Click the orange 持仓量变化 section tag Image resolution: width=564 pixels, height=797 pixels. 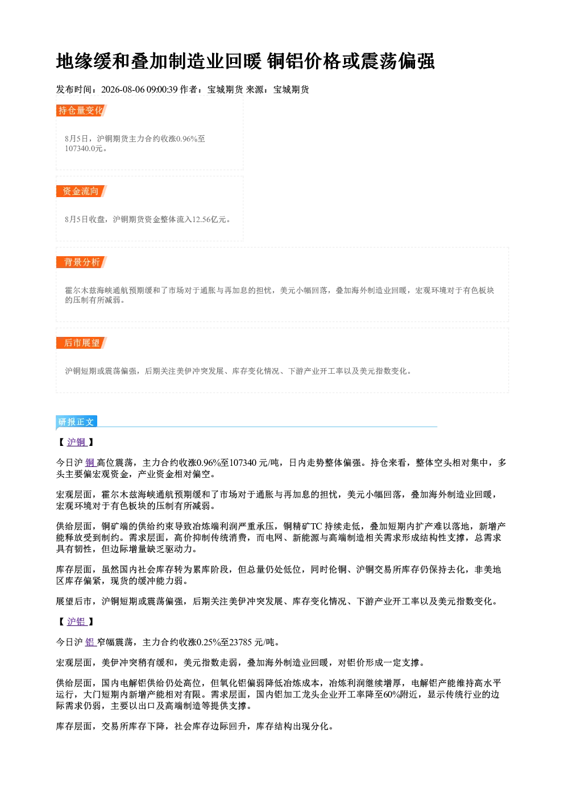pos(81,110)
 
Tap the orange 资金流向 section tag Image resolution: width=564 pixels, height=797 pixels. pos(81,191)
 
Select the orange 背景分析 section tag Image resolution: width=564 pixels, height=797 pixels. pos(81,262)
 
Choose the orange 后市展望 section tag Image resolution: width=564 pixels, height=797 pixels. pos(81,343)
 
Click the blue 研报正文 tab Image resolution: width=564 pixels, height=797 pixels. pos(76,422)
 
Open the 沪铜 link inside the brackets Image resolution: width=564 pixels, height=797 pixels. pos(77,442)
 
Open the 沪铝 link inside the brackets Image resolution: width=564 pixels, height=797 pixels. pos(77,621)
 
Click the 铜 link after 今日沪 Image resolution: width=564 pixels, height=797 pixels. pos(90,462)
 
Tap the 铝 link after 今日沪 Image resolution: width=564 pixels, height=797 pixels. pos(90,642)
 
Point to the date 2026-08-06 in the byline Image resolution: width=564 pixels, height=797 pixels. pos(123,89)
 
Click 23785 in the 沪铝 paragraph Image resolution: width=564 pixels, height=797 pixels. pos(240,642)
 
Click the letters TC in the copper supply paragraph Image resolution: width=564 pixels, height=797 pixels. pos(316,526)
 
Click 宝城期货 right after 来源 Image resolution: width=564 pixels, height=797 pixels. pos(291,89)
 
